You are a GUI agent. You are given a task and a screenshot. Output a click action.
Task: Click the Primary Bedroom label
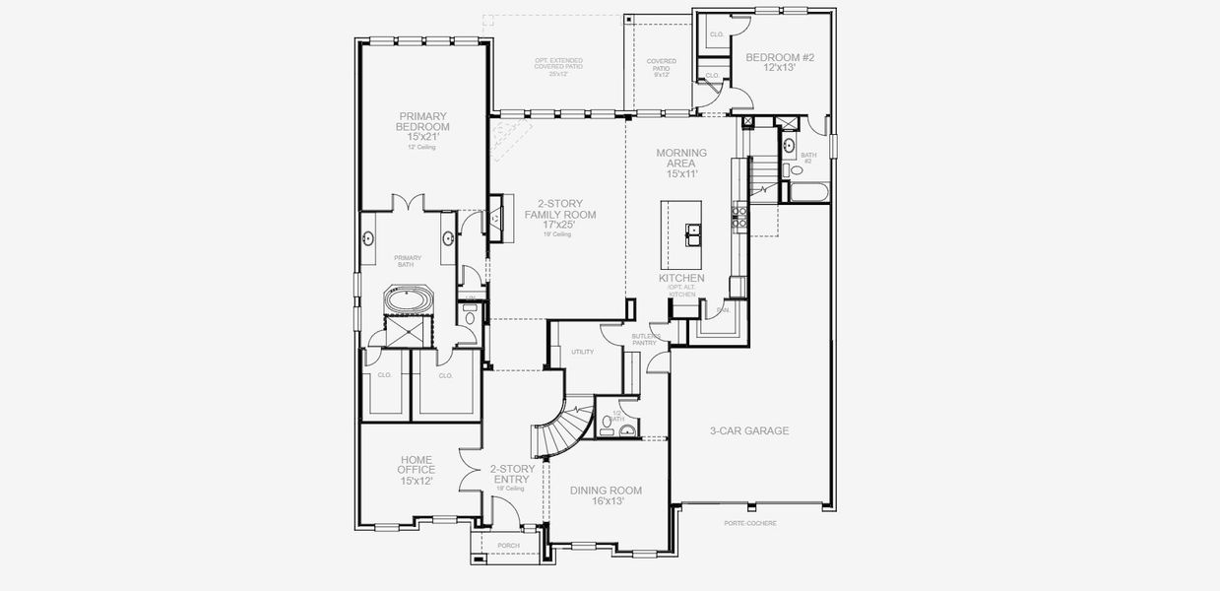423,126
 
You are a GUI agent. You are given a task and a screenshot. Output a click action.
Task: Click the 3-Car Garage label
749,430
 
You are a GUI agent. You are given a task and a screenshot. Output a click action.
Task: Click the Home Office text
417,470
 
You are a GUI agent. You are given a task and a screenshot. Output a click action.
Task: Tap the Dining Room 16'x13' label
606,495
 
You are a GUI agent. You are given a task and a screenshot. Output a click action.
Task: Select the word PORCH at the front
508,545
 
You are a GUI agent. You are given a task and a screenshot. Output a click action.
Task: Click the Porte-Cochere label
749,523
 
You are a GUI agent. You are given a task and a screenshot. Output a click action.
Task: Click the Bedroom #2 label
780,63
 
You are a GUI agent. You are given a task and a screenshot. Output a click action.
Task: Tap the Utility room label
582,352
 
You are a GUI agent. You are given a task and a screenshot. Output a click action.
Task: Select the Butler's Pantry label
645,339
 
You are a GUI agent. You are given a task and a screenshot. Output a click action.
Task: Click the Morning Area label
681,164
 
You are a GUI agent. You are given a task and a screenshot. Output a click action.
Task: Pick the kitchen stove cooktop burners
738,216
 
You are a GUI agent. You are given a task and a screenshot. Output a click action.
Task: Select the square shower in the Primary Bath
400,330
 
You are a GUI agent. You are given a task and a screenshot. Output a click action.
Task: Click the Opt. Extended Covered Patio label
558,66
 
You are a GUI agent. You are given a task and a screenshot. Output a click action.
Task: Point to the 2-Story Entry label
511,475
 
